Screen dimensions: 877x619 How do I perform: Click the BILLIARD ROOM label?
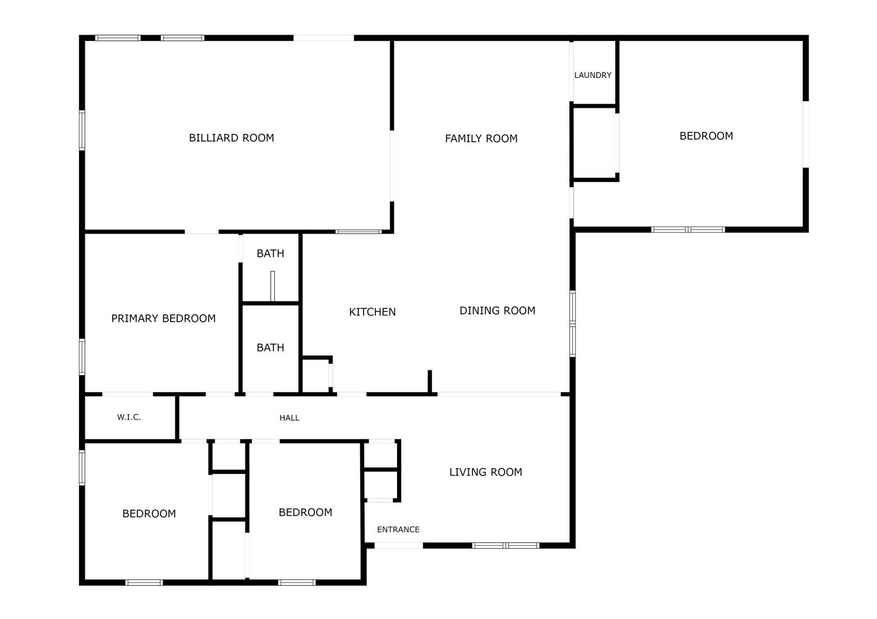232,138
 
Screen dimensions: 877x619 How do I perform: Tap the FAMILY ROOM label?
481,138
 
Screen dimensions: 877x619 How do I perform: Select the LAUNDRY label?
593,75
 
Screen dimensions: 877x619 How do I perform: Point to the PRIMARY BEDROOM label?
163,318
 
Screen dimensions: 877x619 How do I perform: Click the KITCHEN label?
372,312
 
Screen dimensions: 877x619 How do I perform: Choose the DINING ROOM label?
497,311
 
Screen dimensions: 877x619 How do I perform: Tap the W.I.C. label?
129,417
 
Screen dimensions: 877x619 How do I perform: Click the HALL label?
289,418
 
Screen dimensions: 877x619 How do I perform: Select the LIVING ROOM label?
485,472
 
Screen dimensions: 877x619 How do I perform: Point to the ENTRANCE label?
398,529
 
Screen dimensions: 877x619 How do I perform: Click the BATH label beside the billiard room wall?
270,253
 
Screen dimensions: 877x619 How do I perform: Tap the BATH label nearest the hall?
270,348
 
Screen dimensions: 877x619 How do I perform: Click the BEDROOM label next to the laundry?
706,136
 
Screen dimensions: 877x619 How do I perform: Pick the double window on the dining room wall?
572,324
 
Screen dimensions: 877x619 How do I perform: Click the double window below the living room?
506,545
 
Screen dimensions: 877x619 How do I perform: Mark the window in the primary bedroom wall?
82,356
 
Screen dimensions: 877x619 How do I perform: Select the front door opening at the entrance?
399,545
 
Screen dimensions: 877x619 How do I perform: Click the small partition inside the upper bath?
272,286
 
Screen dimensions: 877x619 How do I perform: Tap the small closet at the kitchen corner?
316,374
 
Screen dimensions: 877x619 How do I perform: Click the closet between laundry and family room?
595,143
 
